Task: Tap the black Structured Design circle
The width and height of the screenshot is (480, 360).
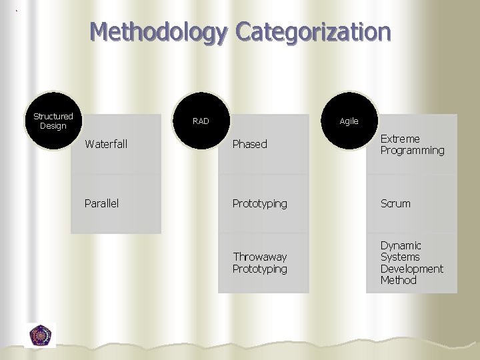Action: click(53, 121)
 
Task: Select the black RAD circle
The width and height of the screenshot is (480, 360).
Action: click(201, 121)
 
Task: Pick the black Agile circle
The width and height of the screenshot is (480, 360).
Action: click(349, 121)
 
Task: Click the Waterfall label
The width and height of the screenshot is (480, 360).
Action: click(107, 143)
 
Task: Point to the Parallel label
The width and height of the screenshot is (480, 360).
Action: click(101, 203)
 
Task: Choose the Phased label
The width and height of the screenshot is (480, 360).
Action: click(249, 144)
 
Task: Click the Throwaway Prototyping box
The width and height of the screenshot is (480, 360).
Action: click(263, 263)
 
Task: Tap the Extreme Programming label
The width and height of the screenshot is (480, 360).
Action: click(412, 145)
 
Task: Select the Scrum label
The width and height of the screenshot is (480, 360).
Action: click(395, 203)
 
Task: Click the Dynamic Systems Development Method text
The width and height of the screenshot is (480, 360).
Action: click(411, 263)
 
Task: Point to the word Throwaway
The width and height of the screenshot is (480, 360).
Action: click(260, 257)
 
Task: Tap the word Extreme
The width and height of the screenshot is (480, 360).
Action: click(400, 139)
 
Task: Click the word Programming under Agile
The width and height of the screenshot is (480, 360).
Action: click(412, 151)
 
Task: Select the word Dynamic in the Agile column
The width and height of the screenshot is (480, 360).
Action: click(401, 245)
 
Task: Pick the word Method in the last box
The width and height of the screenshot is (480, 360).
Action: click(399, 280)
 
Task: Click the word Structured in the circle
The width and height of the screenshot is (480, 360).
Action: click(53, 116)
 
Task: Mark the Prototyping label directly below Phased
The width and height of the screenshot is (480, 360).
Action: click(260, 203)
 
